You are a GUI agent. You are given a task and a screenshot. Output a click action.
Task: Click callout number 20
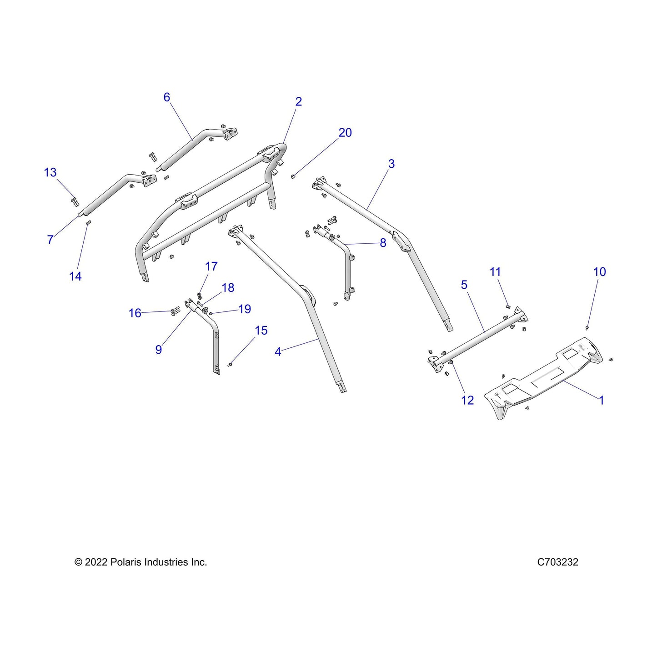pos(345,133)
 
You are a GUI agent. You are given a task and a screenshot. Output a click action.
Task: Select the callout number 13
pos(50,172)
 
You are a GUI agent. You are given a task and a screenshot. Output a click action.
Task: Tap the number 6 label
pos(166,97)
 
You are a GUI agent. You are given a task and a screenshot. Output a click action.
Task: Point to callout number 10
pos(599,272)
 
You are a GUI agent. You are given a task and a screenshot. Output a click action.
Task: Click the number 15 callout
pos(261,331)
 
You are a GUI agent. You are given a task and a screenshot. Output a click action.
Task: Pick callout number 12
pos(467,400)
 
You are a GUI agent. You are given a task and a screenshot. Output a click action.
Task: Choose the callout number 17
pos(211,266)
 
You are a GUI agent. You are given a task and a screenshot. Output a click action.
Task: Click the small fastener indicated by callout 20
pos(292,176)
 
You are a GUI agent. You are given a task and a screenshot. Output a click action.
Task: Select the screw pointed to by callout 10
pos(587,328)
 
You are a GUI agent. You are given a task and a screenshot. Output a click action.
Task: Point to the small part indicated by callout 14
pos(88,222)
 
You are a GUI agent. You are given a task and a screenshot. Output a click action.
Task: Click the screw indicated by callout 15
pos(230,365)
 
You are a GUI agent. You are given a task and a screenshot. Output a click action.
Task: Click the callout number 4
pos(278,352)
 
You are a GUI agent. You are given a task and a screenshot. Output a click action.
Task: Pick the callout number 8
pos(383,243)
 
